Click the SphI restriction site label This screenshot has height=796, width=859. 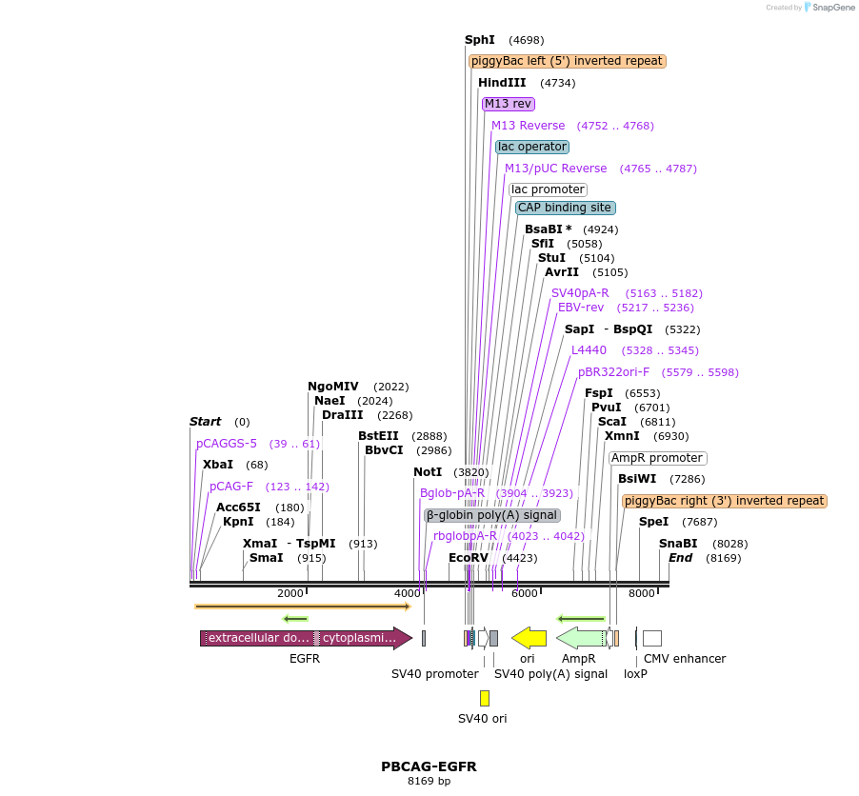coord(480,40)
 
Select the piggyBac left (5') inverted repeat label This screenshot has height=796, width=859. coord(567,61)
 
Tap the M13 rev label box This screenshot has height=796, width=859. coord(508,104)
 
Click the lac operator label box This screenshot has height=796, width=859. coord(532,147)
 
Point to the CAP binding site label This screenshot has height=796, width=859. coord(565,208)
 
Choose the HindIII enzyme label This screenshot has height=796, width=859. coord(502,83)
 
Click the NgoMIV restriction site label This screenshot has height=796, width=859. coord(333,387)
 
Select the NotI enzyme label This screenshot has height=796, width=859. coord(428,472)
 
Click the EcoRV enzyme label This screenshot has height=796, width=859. coord(469,558)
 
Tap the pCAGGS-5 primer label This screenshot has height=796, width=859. coord(227,444)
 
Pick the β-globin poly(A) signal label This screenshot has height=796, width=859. coord(492,515)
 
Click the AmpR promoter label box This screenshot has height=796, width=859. coord(657,458)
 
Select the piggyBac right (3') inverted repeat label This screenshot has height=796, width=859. coord(724,501)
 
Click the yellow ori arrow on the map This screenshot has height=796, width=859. coord(529,638)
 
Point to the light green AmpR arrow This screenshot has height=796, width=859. coord(580,638)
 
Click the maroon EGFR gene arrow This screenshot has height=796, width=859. coord(305,638)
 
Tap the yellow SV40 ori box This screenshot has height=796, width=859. coord(484,698)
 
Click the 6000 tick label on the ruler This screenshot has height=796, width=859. coord(524,594)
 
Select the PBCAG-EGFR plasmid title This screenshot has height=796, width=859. coord(429,766)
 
